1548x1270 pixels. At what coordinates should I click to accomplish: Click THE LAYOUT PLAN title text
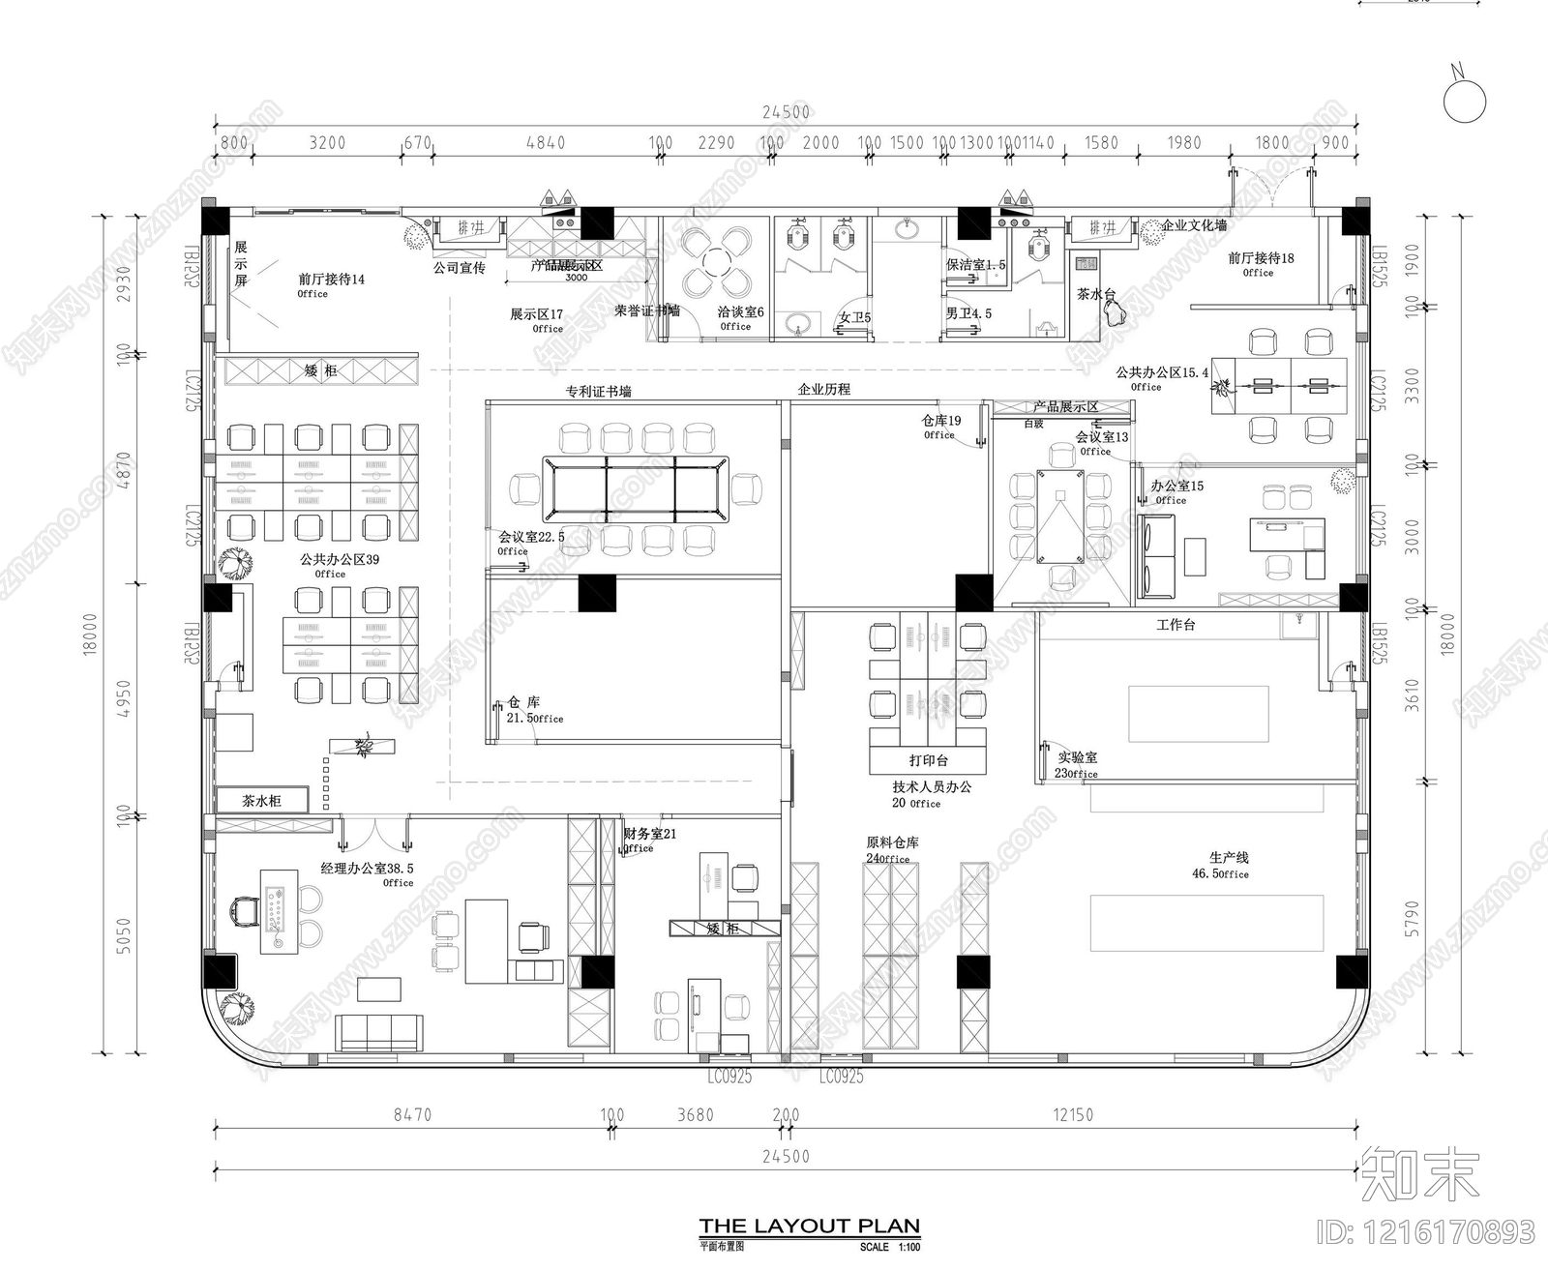(809, 1226)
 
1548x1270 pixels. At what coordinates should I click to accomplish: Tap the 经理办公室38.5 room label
(367, 869)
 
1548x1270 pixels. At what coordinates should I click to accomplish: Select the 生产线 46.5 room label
(1229, 858)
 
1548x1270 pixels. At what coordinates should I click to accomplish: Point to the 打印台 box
(928, 760)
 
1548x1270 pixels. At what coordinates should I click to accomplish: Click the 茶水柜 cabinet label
(261, 801)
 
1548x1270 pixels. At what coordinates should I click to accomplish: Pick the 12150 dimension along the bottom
(1072, 1115)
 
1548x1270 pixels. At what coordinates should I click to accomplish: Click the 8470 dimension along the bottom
(412, 1115)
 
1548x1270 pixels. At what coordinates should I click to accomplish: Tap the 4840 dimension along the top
(545, 143)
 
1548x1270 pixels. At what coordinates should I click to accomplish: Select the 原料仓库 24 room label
(892, 843)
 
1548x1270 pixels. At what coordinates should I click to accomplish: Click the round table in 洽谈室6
(716, 261)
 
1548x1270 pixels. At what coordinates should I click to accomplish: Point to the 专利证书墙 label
(598, 392)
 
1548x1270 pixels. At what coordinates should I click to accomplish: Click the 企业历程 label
(824, 389)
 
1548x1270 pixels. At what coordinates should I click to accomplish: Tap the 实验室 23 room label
(1076, 758)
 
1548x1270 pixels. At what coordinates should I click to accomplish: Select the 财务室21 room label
(650, 834)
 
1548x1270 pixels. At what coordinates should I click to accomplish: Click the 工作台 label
(1176, 625)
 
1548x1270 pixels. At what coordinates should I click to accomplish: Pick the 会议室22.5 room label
(531, 537)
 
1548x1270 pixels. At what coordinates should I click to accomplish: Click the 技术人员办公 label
(932, 787)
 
